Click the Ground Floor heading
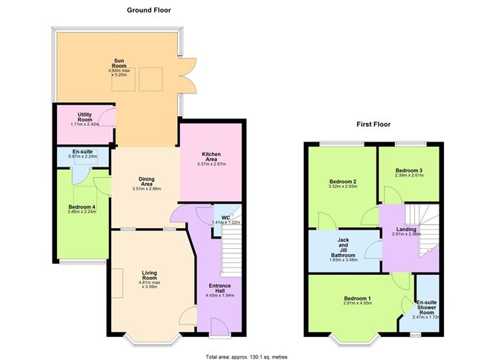(149, 10)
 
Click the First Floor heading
(373, 124)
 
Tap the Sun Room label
(119, 63)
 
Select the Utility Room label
(84, 117)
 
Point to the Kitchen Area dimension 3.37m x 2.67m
(211, 164)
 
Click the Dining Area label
(147, 181)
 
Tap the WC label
(226, 218)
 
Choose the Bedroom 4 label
(82, 207)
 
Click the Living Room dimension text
(150, 284)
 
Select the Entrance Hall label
(220, 288)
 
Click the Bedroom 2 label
(343, 181)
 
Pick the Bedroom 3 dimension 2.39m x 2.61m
(409, 175)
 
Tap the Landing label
(406, 230)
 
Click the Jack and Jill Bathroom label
(343, 247)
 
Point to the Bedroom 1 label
(357, 299)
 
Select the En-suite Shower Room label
(427, 307)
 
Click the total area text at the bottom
(247, 357)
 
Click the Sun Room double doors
(187, 76)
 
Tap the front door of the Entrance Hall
(220, 328)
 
